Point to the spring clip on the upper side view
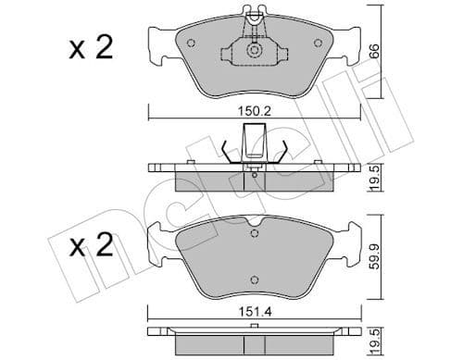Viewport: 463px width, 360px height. click(252, 148)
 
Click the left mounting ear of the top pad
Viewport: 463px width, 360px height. click(158, 41)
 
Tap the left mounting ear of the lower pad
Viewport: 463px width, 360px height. click(158, 242)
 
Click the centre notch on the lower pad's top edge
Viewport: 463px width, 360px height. click(251, 225)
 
